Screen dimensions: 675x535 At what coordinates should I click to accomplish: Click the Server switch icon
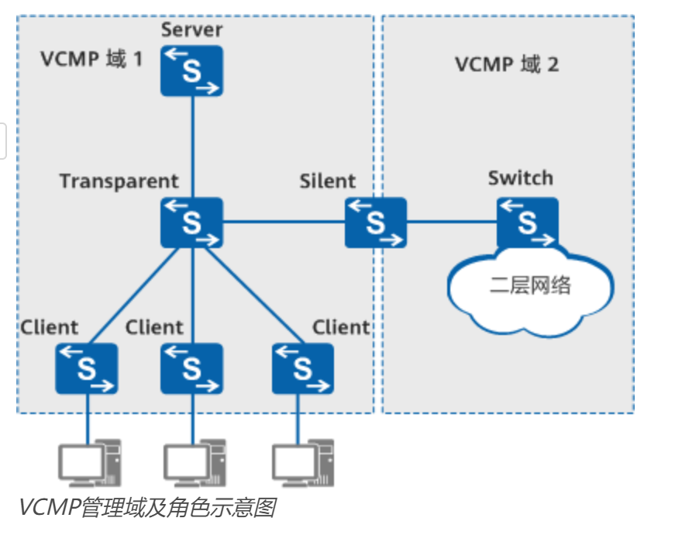click(x=192, y=71)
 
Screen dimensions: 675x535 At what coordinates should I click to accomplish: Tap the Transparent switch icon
click(x=192, y=223)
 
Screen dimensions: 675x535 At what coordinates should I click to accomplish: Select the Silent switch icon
click(x=376, y=223)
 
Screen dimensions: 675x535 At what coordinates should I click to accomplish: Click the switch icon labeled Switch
click(x=528, y=223)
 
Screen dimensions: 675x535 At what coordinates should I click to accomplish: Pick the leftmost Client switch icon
click(x=87, y=368)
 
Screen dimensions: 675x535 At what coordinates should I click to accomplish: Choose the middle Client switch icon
click(x=192, y=368)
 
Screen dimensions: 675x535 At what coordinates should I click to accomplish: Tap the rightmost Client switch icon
click(x=303, y=368)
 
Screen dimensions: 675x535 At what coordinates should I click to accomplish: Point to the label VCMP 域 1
click(x=91, y=59)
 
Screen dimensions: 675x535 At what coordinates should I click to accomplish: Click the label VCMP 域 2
click(x=507, y=64)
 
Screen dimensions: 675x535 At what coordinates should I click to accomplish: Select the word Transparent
click(x=119, y=181)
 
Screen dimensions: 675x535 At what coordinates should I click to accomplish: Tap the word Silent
click(x=328, y=181)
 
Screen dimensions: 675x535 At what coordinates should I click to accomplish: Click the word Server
click(x=191, y=29)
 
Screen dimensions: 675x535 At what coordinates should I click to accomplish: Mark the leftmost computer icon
click(x=90, y=463)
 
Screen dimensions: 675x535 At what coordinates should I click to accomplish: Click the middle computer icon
click(x=195, y=463)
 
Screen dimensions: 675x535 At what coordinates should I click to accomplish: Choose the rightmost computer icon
click(x=303, y=463)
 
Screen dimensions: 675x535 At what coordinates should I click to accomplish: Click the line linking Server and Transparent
click(x=192, y=147)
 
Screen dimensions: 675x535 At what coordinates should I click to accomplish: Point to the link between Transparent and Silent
click(x=284, y=223)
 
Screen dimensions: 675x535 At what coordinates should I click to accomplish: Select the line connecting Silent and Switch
click(x=452, y=223)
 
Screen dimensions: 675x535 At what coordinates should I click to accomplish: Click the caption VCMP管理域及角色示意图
click(x=148, y=507)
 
